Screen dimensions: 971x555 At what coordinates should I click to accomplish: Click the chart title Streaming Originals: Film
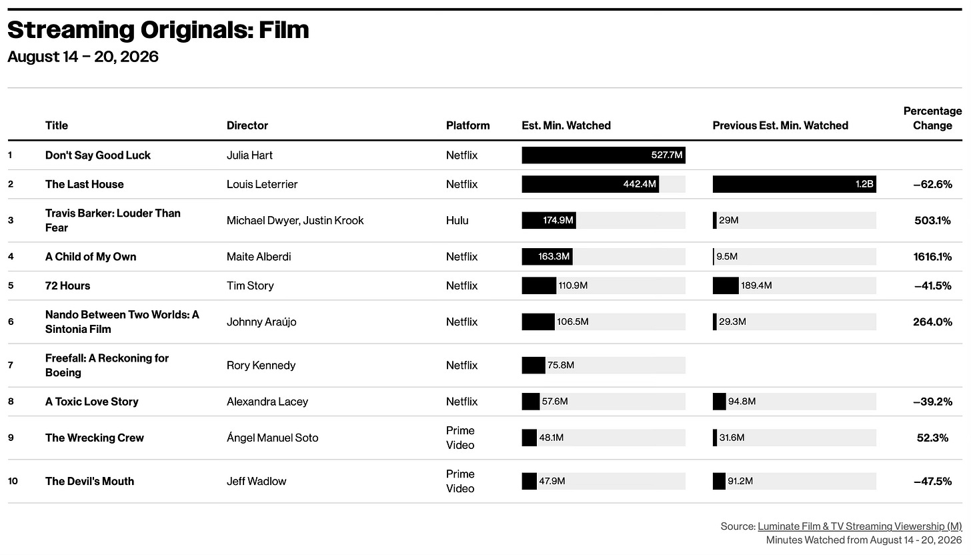tap(158, 31)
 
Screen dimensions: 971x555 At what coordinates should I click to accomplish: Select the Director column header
tap(247, 125)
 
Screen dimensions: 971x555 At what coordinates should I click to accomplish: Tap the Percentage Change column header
tap(932, 118)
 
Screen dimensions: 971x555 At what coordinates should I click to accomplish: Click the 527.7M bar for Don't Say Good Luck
tap(604, 155)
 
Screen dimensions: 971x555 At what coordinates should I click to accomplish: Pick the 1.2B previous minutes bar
tap(794, 184)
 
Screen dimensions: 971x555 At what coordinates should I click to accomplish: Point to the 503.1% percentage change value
tap(932, 220)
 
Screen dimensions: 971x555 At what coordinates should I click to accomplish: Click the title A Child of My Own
tap(91, 257)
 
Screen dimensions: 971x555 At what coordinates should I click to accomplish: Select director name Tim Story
tap(250, 286)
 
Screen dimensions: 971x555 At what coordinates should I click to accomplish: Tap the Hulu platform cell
tap(457, 220)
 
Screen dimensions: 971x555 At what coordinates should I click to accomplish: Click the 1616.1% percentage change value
tap(932, 257)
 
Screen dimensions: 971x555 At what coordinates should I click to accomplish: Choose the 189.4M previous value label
tap(756, 286)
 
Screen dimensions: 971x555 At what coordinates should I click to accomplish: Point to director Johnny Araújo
tap(261, 322)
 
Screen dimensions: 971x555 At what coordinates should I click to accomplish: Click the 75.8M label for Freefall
tap(561, 365)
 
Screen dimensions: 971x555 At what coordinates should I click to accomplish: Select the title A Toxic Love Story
tap(92, 402)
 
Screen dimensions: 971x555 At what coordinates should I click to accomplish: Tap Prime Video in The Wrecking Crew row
tap(460, 438)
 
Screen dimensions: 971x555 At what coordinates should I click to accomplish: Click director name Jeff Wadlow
tap(256, 482)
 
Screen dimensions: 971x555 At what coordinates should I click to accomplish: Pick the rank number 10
tap(13, 481)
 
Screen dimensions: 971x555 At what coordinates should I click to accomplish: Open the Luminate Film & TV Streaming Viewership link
tap(860, 526)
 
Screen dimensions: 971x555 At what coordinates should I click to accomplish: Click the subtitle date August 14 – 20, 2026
tap(83, 57)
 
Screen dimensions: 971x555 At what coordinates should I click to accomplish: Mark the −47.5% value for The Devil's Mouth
tap(932, 482)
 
